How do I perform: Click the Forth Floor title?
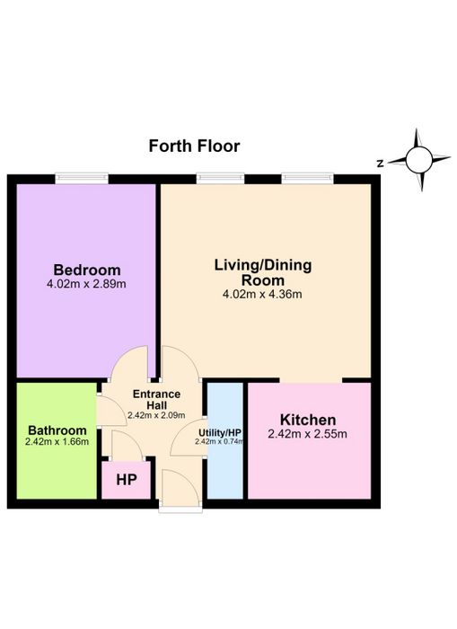195,146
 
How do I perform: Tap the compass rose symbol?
419,160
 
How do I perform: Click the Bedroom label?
87,270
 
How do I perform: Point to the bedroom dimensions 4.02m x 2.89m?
86,284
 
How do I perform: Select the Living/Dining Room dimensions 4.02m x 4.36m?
262,295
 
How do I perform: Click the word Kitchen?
308,420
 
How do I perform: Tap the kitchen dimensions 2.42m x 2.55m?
307,434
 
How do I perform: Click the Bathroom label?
57,430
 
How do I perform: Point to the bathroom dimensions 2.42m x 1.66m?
57,442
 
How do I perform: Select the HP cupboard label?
127,480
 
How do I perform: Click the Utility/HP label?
220,433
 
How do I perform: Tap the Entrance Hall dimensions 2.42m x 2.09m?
156,415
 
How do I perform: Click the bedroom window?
82,178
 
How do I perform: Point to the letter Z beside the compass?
381,164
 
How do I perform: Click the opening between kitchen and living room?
311,380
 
